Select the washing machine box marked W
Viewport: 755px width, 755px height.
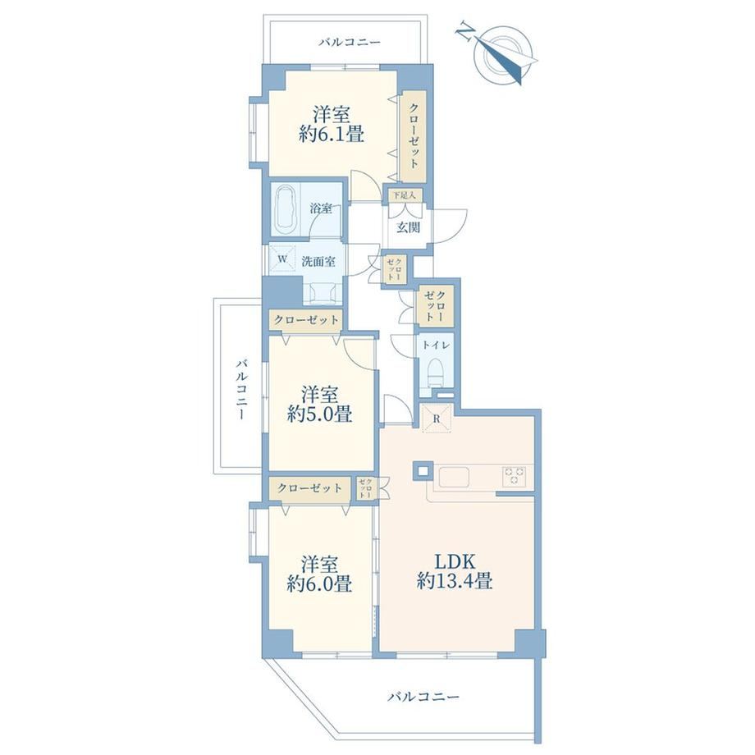point(282,259)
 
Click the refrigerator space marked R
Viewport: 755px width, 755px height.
point(437,419)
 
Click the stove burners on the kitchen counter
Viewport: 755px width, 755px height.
point(515,476)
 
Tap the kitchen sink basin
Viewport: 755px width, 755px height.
point(454,477)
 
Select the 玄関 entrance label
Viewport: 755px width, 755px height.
point(408,227)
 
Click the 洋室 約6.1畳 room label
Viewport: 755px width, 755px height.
point(331,124)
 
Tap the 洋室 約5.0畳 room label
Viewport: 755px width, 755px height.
point(319,404)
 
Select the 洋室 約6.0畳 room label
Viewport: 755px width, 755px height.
point(319,573)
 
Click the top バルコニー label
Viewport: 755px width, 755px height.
point(350,43)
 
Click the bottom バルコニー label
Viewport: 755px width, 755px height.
point(423,696)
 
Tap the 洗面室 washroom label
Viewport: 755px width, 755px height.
point(318,262)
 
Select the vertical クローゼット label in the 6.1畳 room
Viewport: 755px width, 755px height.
point(414,135)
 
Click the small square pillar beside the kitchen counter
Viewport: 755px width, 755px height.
point(422,471)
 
